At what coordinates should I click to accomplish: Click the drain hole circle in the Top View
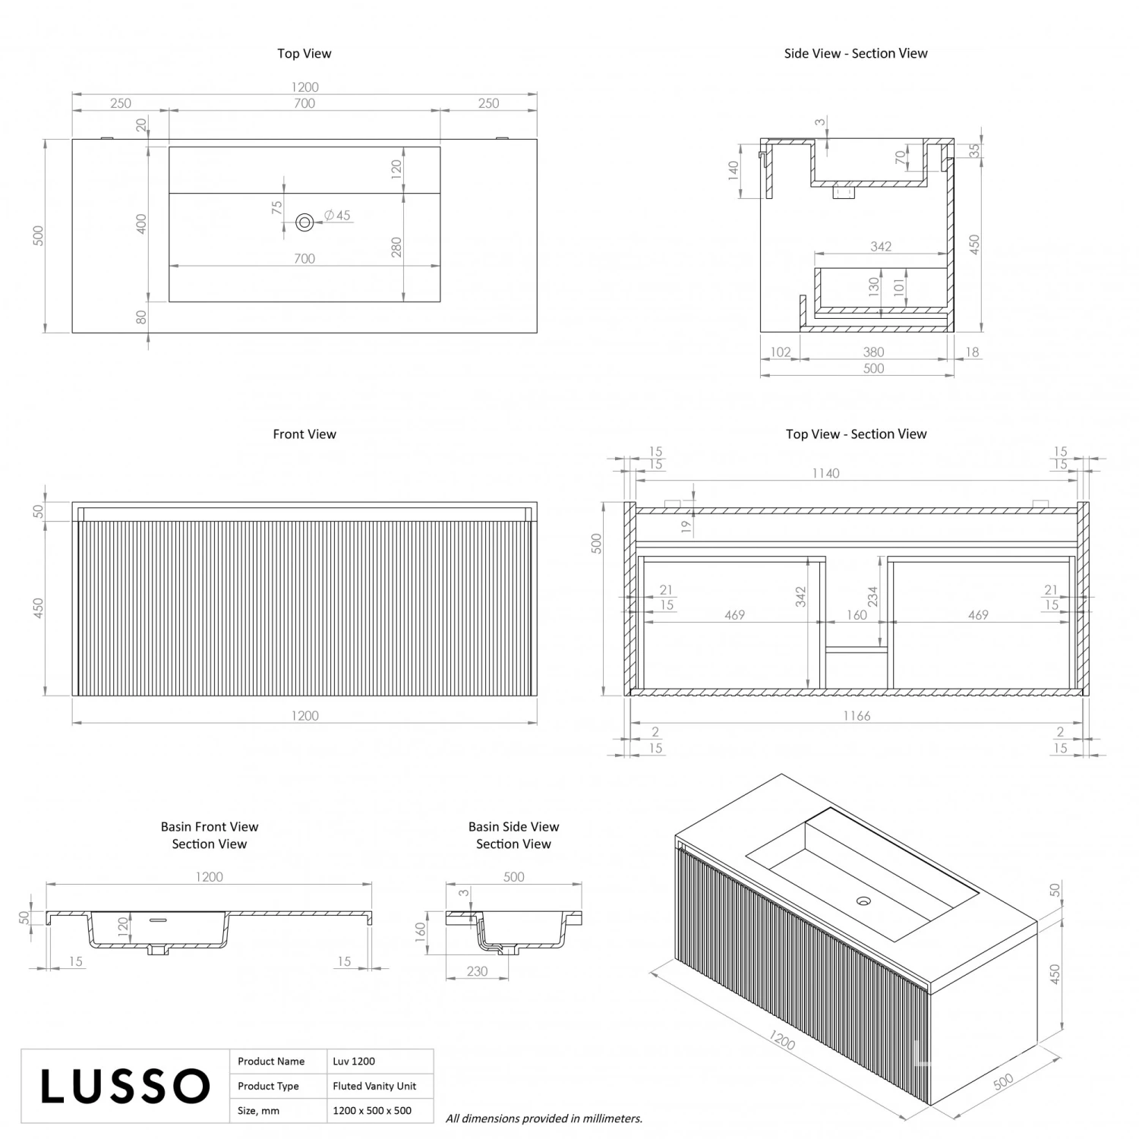pyautogui.click(x=304, y=222)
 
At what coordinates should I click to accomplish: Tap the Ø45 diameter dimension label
pyautogui.click(x=337, y=216)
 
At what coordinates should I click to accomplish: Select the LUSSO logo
pyautogui.click(x=125, y=1086)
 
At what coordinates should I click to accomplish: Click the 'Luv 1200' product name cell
pyautogui.click(x=354, y=1061)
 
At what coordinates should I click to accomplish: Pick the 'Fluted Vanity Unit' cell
pyautogui.click(x=374, y=1086)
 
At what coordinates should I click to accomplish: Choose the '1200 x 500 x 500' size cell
pyautogui.click(x=372, y=1110)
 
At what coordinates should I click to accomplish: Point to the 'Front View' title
pyautogui.click(x=304, y=434)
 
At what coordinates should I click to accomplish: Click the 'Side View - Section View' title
pyautogui.click(x=856, y=53)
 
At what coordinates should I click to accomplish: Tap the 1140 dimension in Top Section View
pyautogui.click(x=825, y=473)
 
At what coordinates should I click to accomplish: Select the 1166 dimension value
pyautogui.click(x=857, y=715)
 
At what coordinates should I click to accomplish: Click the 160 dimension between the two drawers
pyautogui.click(x=857, y=615)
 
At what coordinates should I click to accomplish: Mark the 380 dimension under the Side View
pyautogui.click(x=873, y=352)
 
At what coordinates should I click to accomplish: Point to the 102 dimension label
pyautogui.click(x=781, y=352)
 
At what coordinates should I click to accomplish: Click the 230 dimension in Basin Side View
pyautogui.click(x=477, y=971)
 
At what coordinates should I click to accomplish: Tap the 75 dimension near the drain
pyautogui.click(x=277, y=206)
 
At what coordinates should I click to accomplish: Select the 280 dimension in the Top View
pyautogui.click(x=396, y=247)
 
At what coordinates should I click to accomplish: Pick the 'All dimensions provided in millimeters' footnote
pyautogui.click(x=544, y=1118)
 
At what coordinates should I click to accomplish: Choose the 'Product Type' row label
pyautogui.click(x=268, y=1086)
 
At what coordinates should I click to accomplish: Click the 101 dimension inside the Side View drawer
pyautogui.click(x=899, y=286)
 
